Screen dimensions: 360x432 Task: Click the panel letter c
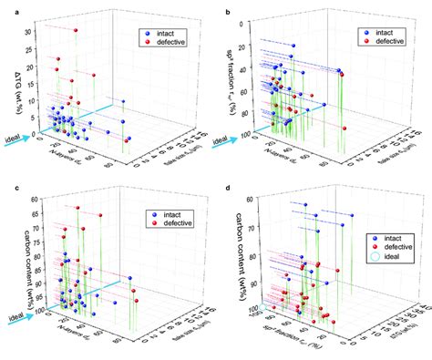point(5,187)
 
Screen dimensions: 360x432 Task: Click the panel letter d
point(225,187)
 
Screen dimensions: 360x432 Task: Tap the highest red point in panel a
point(76,31)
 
